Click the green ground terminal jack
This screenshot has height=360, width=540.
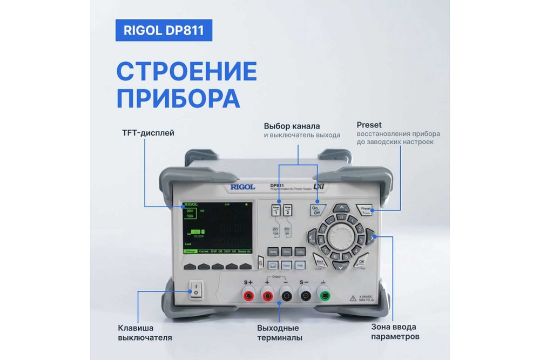coord(325,295)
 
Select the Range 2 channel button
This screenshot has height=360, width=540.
coord(288,210)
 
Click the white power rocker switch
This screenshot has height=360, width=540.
coord(197,291)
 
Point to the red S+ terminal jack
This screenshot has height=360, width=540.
coord(249,295)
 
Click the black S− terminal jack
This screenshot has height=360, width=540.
coord(305,295)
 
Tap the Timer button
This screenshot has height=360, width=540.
coord(287,266)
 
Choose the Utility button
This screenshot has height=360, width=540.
coord(300,252)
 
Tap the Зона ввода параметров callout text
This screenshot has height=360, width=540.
coord(395,331)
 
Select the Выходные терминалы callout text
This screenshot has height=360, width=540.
coord(279,331)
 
